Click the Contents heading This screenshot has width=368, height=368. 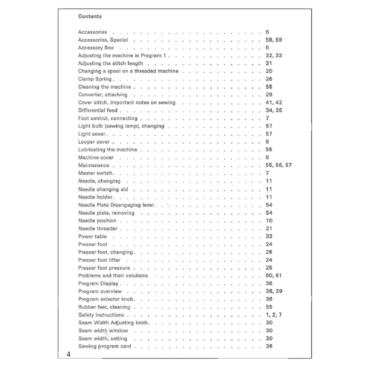coord(90,16)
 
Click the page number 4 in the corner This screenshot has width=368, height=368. coord(68,354)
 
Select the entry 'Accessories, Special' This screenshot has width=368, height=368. coord(103,40)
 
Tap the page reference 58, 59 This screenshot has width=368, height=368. coord(273,40)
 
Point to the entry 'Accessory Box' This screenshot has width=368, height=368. coord(96,48)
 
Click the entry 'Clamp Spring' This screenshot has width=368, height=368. coord(95,79)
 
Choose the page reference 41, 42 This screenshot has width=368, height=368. coord(273,103)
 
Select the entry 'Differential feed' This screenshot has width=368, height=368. coord(98,110)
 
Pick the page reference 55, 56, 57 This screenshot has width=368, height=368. coord(278,165)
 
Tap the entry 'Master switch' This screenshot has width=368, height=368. coord(96,173)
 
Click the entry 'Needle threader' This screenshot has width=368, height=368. coord(98,229)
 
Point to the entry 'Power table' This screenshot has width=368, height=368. coord(92,237)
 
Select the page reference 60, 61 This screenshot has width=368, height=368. coord(273,275)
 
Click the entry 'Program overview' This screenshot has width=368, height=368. coord(100,291)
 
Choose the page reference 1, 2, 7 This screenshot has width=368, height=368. coord(273,315)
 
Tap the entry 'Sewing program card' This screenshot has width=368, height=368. coord(105,346)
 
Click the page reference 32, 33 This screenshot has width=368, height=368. coord(273,56)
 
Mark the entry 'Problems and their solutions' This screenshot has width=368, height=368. coord(113,275)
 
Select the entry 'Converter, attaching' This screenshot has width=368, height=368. coord(103,95)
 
